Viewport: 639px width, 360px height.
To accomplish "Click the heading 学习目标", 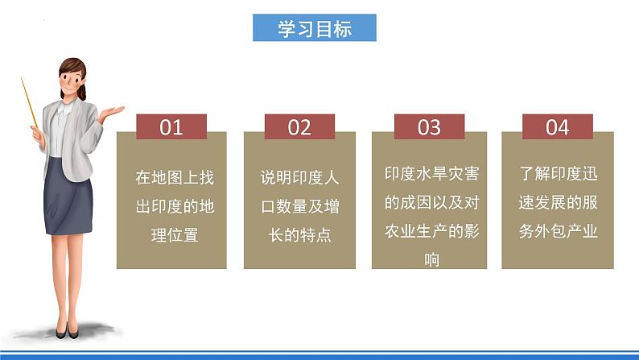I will click(315, 30).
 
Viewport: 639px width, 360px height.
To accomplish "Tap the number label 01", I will click(171, 127).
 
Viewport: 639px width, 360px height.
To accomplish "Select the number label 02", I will click(299, 127).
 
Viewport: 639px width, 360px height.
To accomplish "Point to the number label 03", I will click(429, 127).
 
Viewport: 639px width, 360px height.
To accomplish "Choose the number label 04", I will click(558, 127).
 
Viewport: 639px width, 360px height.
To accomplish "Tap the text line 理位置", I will click(175, 236).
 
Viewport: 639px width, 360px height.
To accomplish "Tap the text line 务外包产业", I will click(558, 231).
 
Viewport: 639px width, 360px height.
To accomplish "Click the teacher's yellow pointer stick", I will click(30, 101).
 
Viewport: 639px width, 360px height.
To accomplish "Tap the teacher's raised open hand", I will click(111, 113).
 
